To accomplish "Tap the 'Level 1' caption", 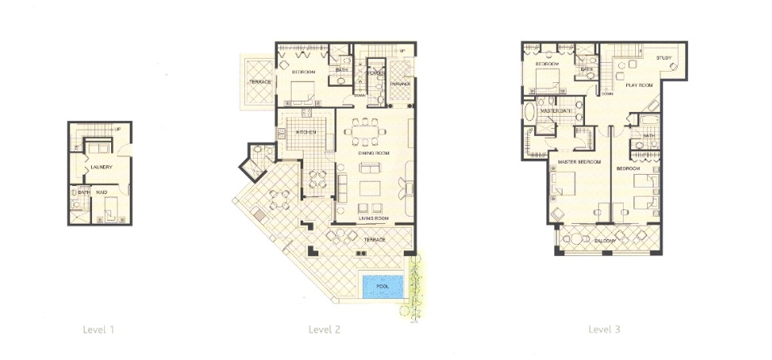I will tap(99, 329).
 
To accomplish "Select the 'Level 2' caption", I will tap(325, 329).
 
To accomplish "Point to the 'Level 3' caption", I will tap(604, 329).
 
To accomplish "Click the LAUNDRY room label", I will tap(101, 168).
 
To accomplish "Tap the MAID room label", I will tap(102, 192).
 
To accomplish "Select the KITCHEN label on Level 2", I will tap(305, 132).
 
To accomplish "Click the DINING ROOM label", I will tap(375, 153).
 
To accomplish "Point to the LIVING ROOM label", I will tap(374, 218).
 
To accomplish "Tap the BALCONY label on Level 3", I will tap(606, 241).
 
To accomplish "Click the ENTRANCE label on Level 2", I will tap(401, 83).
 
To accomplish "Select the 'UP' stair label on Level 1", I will tap(118, 129).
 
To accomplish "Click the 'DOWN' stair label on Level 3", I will tap(606, 93).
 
